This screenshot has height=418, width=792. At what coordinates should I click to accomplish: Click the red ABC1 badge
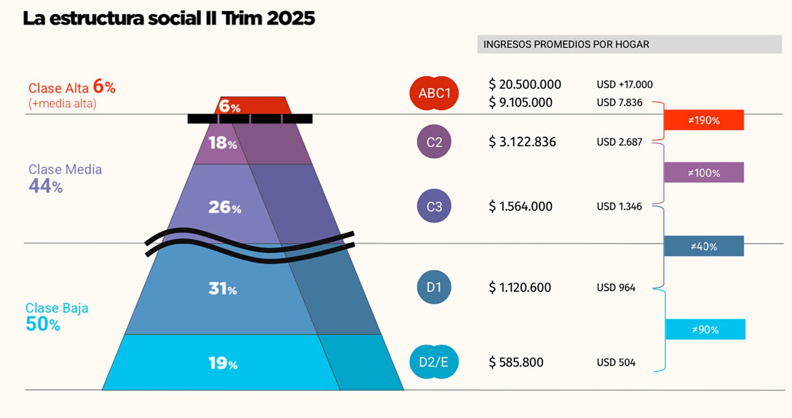434,93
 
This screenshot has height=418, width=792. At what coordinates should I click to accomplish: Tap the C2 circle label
434,142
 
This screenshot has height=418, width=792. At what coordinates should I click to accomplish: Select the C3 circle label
434,206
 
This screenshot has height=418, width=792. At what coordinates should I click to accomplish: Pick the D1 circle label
434,287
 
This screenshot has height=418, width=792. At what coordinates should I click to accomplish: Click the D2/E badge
434,362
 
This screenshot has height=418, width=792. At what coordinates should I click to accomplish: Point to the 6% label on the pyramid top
229,106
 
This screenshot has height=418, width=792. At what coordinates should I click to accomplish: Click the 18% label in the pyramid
222,143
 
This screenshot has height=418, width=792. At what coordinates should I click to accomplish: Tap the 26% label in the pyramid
224,207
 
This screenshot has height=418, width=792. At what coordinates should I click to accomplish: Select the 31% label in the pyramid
222,289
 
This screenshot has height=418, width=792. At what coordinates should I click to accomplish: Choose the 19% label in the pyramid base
222,363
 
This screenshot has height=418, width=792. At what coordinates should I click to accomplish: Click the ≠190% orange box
704,120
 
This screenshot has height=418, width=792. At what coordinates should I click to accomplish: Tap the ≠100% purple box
704,172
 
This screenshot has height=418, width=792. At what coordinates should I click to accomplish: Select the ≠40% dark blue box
704,246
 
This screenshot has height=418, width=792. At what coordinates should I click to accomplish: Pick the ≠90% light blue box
705,329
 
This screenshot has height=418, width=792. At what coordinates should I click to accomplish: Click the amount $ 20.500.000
525,85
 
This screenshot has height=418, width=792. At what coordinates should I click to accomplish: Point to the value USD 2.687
619,142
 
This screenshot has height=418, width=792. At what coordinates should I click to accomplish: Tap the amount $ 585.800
516,362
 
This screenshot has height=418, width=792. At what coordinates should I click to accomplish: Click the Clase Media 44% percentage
45,186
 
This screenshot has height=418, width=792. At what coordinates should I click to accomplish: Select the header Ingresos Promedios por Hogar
566,44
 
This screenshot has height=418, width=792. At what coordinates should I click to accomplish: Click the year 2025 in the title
290,19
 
